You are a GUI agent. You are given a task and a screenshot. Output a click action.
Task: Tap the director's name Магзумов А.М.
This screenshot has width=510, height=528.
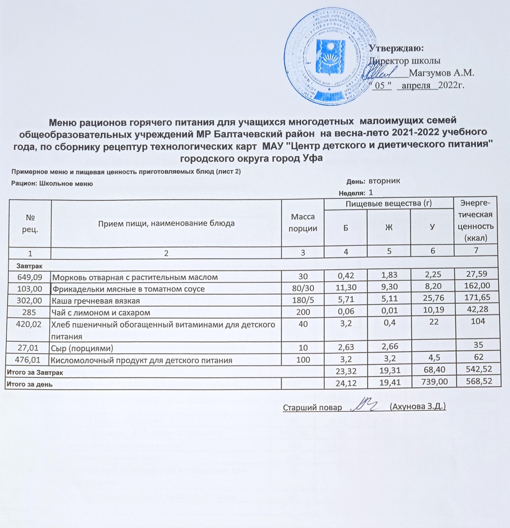pos(442,73)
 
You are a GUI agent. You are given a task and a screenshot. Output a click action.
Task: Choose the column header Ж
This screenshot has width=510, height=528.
pos(389,227)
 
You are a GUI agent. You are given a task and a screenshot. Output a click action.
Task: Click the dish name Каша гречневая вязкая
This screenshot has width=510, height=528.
pos(96,301)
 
